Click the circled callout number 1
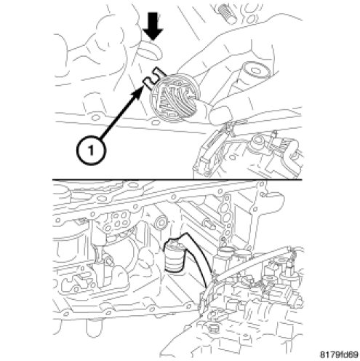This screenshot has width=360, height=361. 91,151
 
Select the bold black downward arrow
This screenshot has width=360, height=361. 153,26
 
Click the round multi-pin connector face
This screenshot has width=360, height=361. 175,98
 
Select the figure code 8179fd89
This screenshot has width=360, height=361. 339,354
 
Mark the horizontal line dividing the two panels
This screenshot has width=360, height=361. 177,180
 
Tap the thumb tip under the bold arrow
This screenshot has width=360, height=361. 150,51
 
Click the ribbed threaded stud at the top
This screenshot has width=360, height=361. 228,14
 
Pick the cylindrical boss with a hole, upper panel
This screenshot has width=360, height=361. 255,71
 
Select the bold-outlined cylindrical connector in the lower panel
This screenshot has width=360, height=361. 174,255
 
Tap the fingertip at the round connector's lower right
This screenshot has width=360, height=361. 220,114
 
